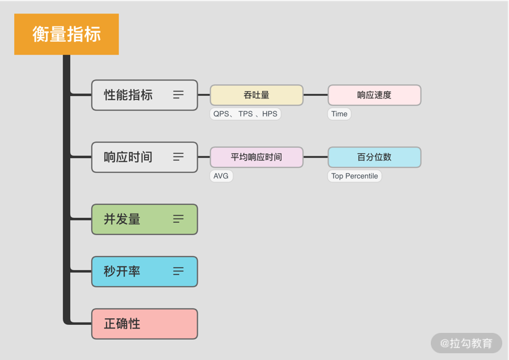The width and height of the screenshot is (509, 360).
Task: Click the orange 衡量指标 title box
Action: [x=66, y=34]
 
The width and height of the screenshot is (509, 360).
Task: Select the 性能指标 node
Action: [x=129, y=95]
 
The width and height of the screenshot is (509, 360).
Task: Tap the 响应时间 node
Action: [x=129, y=157]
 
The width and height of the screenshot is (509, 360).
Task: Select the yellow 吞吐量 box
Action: [x=257, y=95]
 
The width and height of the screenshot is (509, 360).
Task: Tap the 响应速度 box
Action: [x=374, y=95]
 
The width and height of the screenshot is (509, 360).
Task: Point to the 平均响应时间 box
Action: [x=257, y=157]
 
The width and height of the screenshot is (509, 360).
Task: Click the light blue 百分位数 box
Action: [x=374, y=157]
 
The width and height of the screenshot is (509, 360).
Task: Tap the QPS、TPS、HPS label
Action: [x=245, y=114]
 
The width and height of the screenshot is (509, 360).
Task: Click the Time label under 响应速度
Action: [x=339, y=114]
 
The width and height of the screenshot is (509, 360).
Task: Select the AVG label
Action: [x=221, y=176]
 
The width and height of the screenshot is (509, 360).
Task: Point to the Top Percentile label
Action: [x=355, y=176]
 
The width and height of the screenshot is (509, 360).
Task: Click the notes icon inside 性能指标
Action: [x=178, y=95]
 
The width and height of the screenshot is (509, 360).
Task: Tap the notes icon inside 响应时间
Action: [x=178, y=157]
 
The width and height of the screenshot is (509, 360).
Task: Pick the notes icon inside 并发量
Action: [x=178, y=219]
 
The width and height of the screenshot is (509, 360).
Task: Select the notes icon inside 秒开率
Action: [x=178, y=271]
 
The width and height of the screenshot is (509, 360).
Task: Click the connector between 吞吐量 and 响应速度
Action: [x=315, y=95]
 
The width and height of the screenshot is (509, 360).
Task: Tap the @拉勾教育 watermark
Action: [x=467, y=343]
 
